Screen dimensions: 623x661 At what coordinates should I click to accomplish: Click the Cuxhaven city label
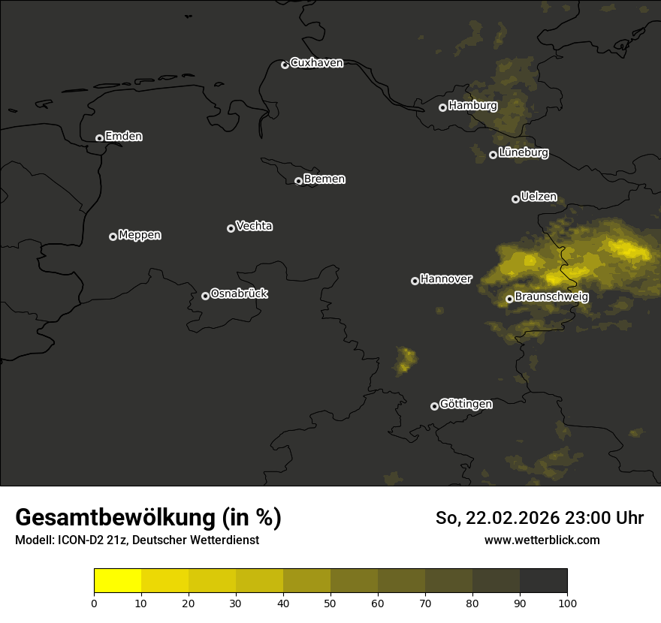pyautogui.click(x=316, y=63)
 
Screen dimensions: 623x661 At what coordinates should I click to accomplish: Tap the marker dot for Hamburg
pyautogui.click(x=442, y=107)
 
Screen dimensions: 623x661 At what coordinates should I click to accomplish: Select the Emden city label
pyautogui.click(x=124, y=137)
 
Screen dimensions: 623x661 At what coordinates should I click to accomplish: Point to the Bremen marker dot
pyautogui.click(x=298, y=181)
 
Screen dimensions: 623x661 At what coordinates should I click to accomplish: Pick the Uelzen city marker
pyautogui.click(x=515, y=199)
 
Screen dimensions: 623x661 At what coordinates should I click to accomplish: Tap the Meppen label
pyautogui.click(x=140, y=235)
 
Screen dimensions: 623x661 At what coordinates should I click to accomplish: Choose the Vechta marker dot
pyautogui.click(x=231, y=228)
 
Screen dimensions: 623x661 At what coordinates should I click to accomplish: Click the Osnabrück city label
pyautogui.click(x=239, y=293)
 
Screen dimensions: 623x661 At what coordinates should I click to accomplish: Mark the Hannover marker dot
pyautogui.click(x=415, y=281)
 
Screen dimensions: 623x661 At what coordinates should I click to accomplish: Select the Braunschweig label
pyautogui.click(x=551, y=296)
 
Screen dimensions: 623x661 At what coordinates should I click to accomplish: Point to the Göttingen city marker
pyautogui.click(x=434, y=406)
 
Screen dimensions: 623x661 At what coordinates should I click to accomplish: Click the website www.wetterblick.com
pyautogui.click(x=542, y=540)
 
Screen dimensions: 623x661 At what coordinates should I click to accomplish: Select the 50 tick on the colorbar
pyautogui.click(x=330, y=603)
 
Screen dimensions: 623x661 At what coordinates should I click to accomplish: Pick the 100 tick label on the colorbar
pyautogui.click(x=567, y=603)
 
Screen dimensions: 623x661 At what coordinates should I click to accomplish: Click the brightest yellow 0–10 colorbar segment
pyautogui.click(x=118, y=581)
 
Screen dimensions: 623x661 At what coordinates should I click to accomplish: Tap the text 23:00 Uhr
pyautogui.click(x=618, y=518)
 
